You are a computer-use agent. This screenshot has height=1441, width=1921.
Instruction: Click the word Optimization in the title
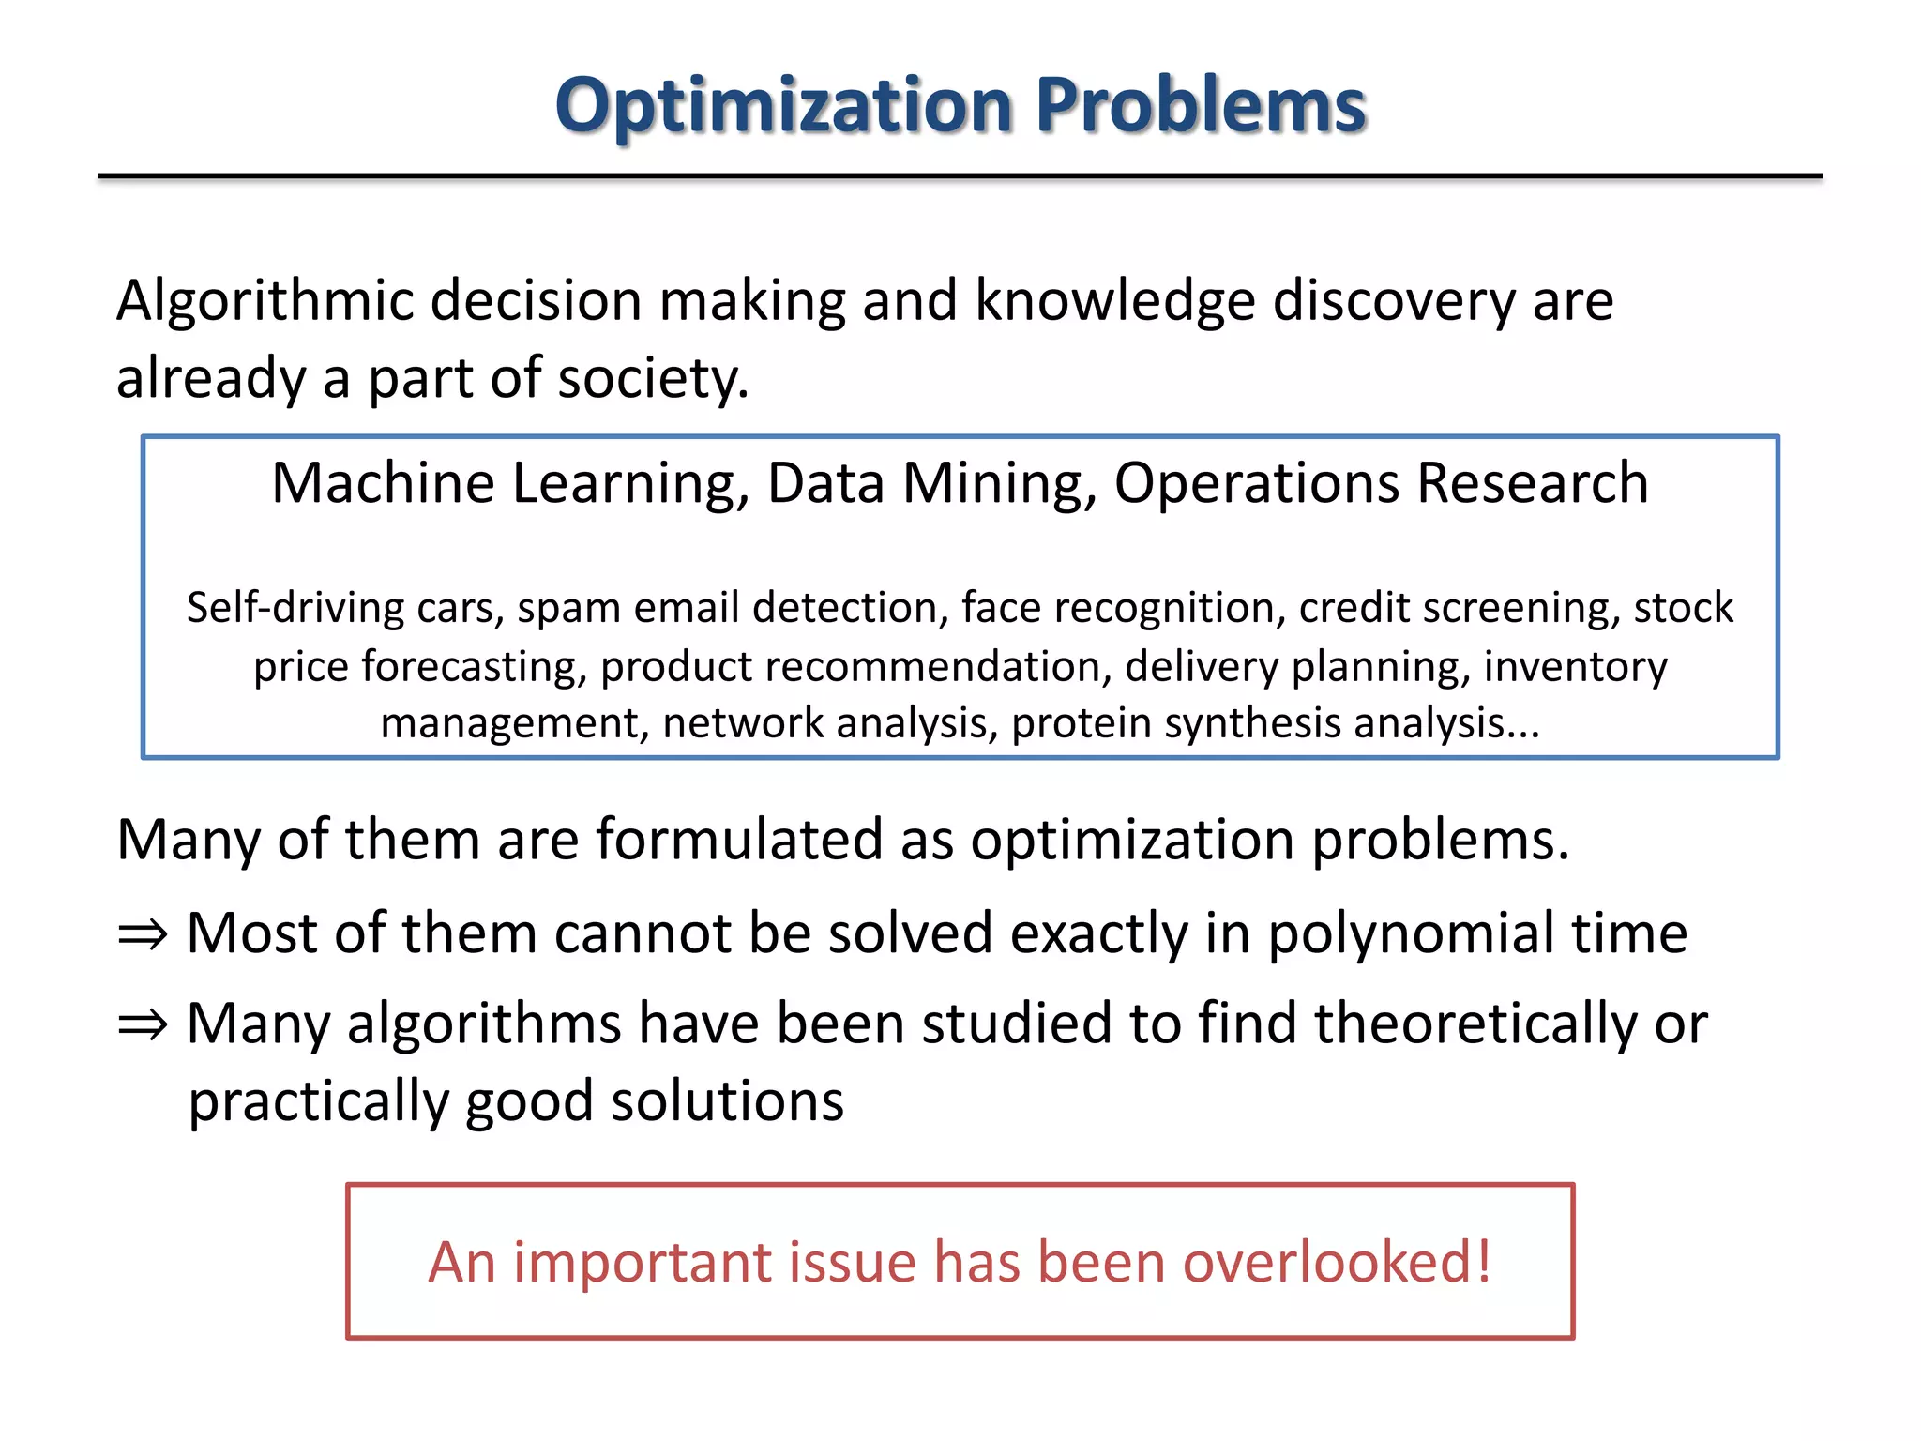(x=783, y=105)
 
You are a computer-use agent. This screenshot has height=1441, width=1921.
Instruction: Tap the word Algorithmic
(x=265, y=302)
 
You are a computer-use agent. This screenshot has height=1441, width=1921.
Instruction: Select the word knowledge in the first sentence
(x=1114, y=302)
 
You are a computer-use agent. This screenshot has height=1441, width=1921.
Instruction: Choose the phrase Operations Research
(x=1381, y=484)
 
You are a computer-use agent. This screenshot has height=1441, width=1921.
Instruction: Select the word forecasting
(x=474, y=667)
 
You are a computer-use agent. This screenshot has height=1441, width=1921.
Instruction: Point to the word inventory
(x=1575, y=667)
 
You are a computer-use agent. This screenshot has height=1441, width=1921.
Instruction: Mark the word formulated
(x=739, y=840)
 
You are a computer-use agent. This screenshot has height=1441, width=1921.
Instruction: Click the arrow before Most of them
(x=143, y=935)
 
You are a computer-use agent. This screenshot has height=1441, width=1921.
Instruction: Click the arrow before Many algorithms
(x=143, y=1025)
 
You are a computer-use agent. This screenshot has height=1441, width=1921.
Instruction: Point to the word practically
(x=318, y=1102)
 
